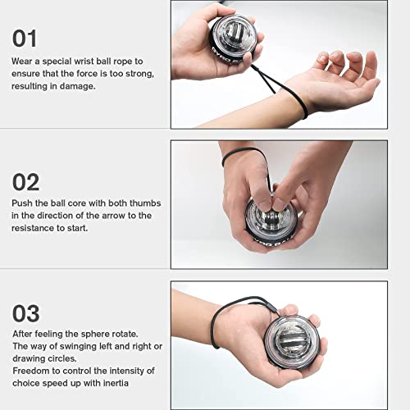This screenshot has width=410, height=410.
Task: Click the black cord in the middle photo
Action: pos(238,153)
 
